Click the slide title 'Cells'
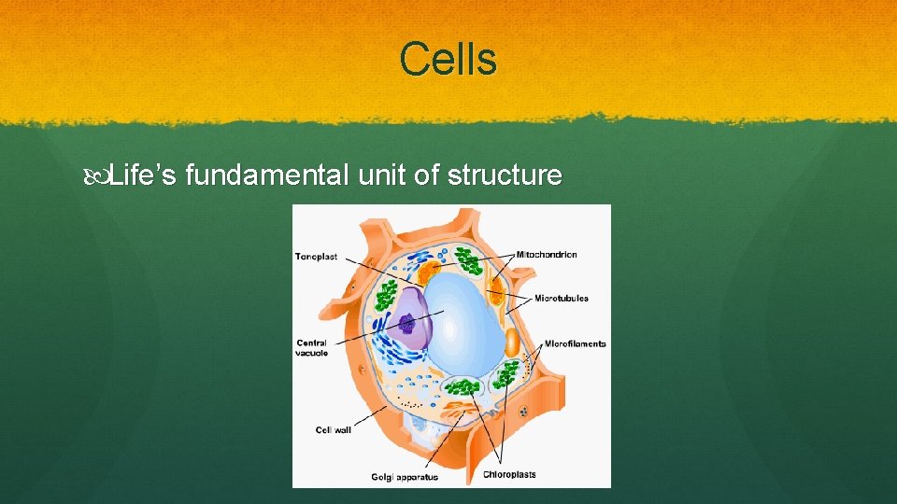[x=448, y=60]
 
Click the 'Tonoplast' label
[x=318, y=256]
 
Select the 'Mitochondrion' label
[x=547, y=254]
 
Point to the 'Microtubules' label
[x=561, y=299]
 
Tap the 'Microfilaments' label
[x=575, y=343]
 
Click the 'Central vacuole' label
[x=311, y=348]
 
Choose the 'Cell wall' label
[x=333, y=430]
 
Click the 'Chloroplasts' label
[x=509, y=474]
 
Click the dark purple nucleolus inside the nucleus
[x=407, y=324]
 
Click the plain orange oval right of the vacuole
[x=512, y=343]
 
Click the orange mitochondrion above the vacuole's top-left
[x=429, y=273]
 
